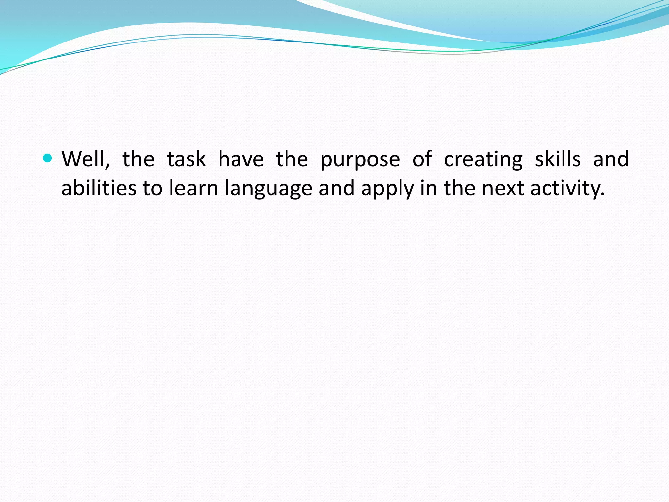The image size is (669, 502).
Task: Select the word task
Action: [186, 159]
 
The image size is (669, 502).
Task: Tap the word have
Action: [241, 159]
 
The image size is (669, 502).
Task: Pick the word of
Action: [422, 159]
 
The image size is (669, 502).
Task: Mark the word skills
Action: [558, 159]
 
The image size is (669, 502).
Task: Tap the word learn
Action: [193, 188]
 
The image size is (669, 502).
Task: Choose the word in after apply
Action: [428, 188]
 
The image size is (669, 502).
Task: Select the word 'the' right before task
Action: [138, 159]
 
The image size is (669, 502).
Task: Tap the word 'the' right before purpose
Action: [292, 159]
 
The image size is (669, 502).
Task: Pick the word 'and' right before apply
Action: [336, 188]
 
